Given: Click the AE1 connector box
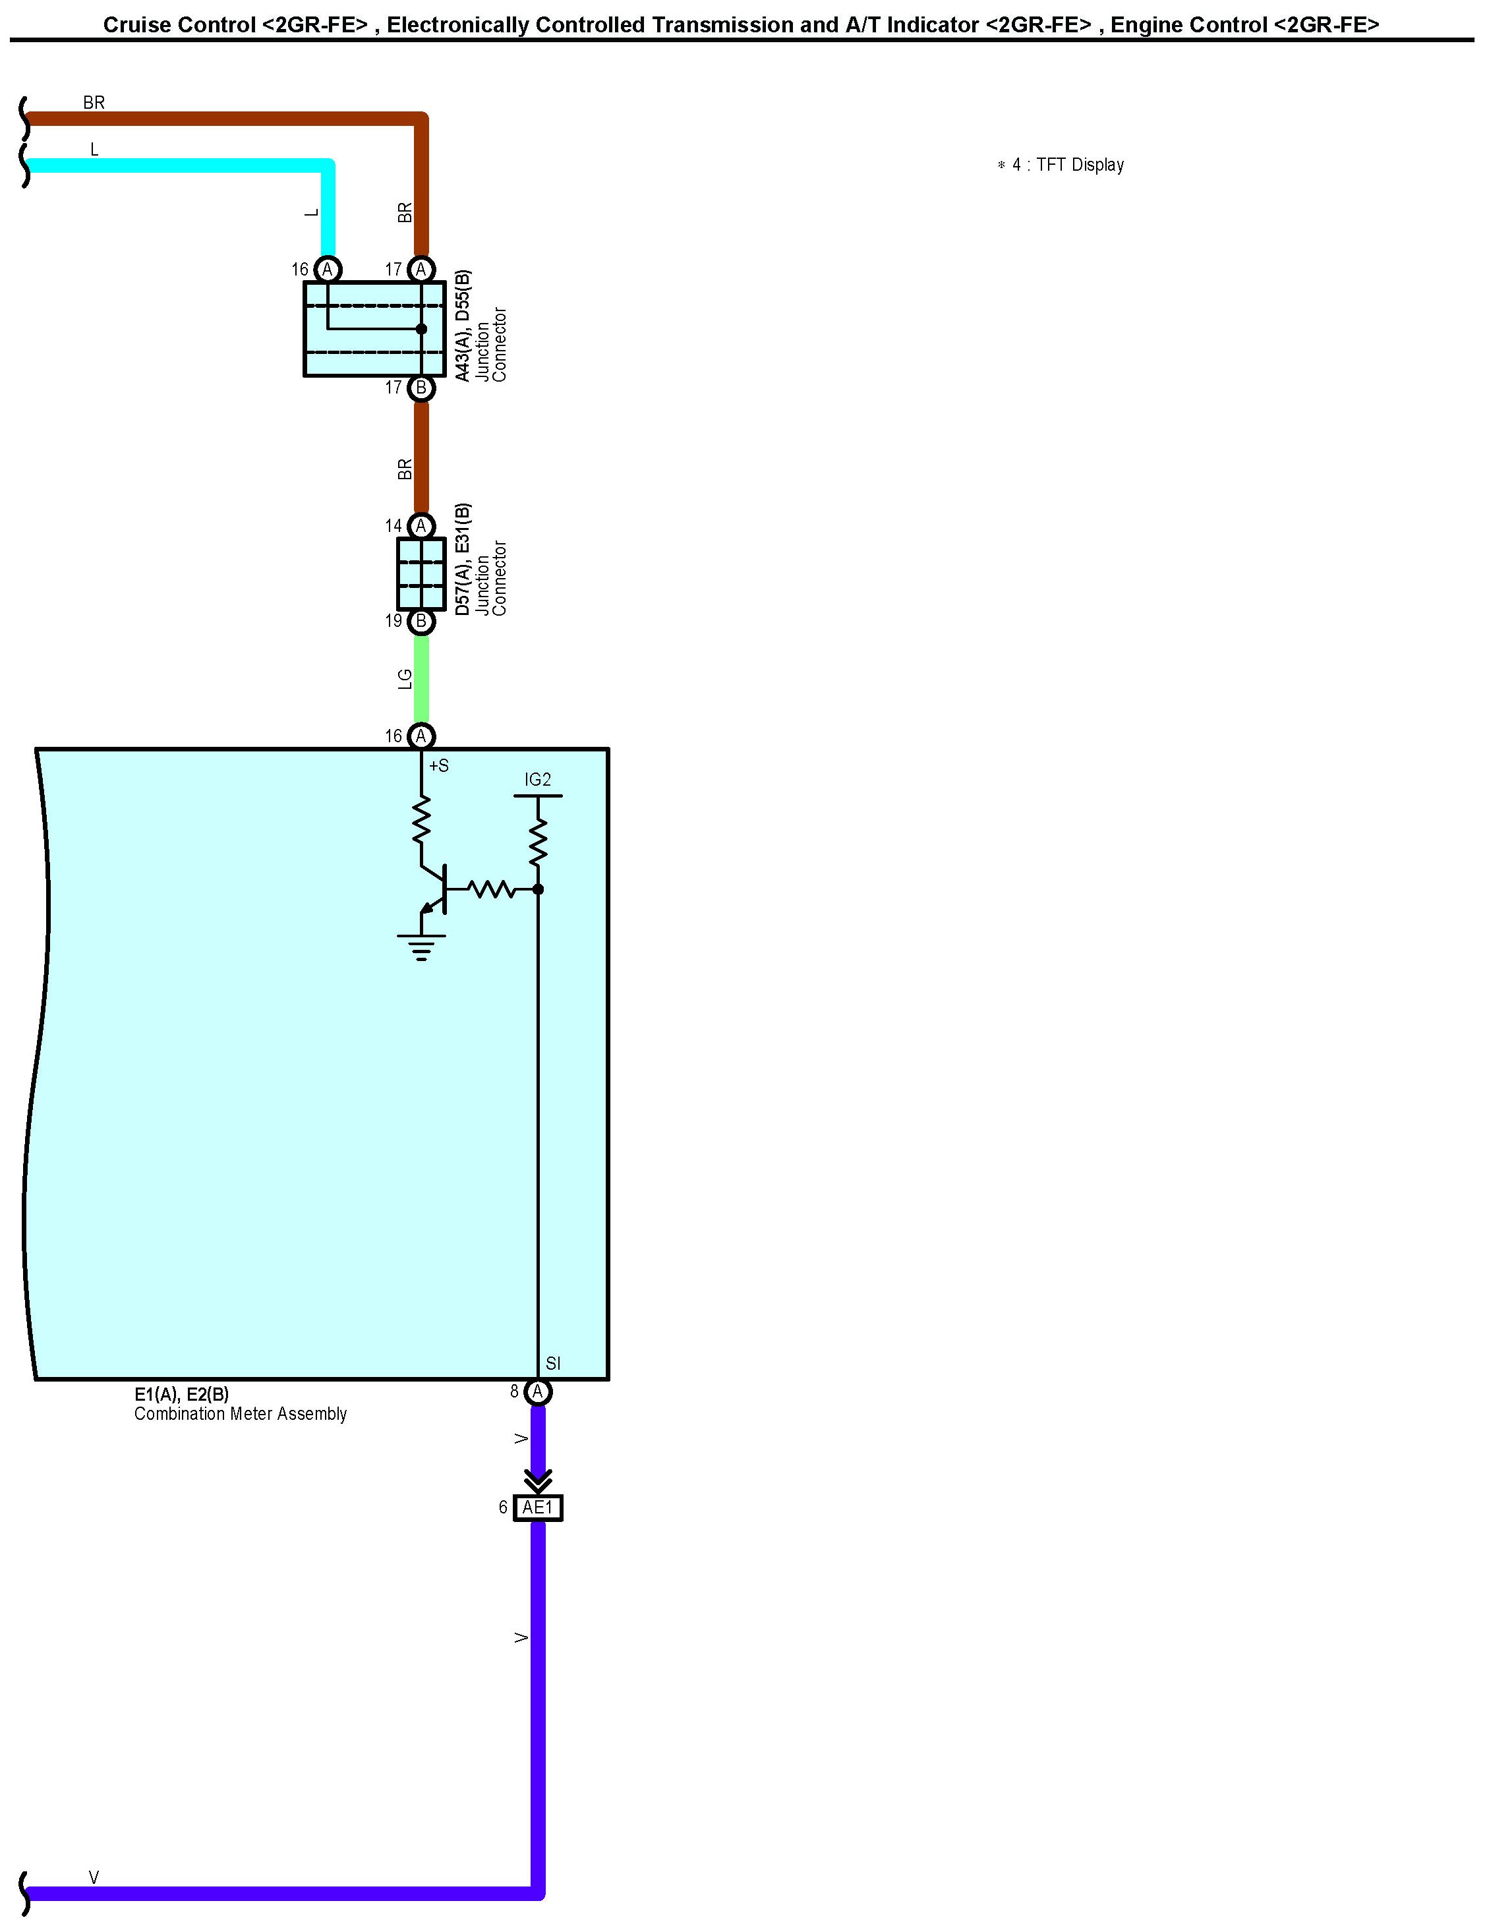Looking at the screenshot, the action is (x=537, y=1507).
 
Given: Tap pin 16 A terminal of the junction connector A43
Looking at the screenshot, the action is (x=328, y=269).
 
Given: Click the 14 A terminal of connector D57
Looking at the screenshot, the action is (x=421, y=526).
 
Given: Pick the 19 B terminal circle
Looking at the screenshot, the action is (x=421, y=621).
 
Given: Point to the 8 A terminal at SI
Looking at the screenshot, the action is (x=538, y=1392).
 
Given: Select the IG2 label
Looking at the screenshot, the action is (x=537, y=779).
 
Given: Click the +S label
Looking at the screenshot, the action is (x=439, y=766).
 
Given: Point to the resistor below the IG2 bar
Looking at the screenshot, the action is (x=538, y=841).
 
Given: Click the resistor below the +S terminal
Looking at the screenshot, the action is (x=421, y=819).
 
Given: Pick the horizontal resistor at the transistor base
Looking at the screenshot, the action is (x=490, y=889).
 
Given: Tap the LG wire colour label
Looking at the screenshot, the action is (x=405, y=679).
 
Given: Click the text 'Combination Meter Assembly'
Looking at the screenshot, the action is (x=241, y=1414).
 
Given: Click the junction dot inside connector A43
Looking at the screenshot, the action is (x=421, y=329).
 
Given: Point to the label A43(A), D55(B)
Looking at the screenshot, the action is (x=463, y=326).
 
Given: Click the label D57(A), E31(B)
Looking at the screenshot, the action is (x=463, y=560).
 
